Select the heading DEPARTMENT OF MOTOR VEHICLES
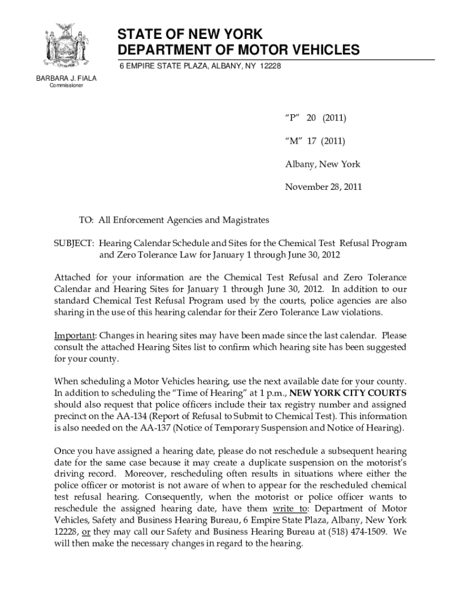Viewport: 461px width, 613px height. [x=238, y=50]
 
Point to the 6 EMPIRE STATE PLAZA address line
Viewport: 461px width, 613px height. [x=200, y=65]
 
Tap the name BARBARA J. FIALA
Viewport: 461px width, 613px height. [x=66, y=78]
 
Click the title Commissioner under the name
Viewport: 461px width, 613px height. [x=66, y=86]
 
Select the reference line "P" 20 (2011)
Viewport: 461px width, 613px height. [x=316, y=119]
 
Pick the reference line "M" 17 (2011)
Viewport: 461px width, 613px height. [x=315, y=141]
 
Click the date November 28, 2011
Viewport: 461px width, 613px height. [x=323, y=187]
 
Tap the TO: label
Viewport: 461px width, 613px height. [x=87, y=221]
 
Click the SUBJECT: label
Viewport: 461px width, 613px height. [x=74, y=244]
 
